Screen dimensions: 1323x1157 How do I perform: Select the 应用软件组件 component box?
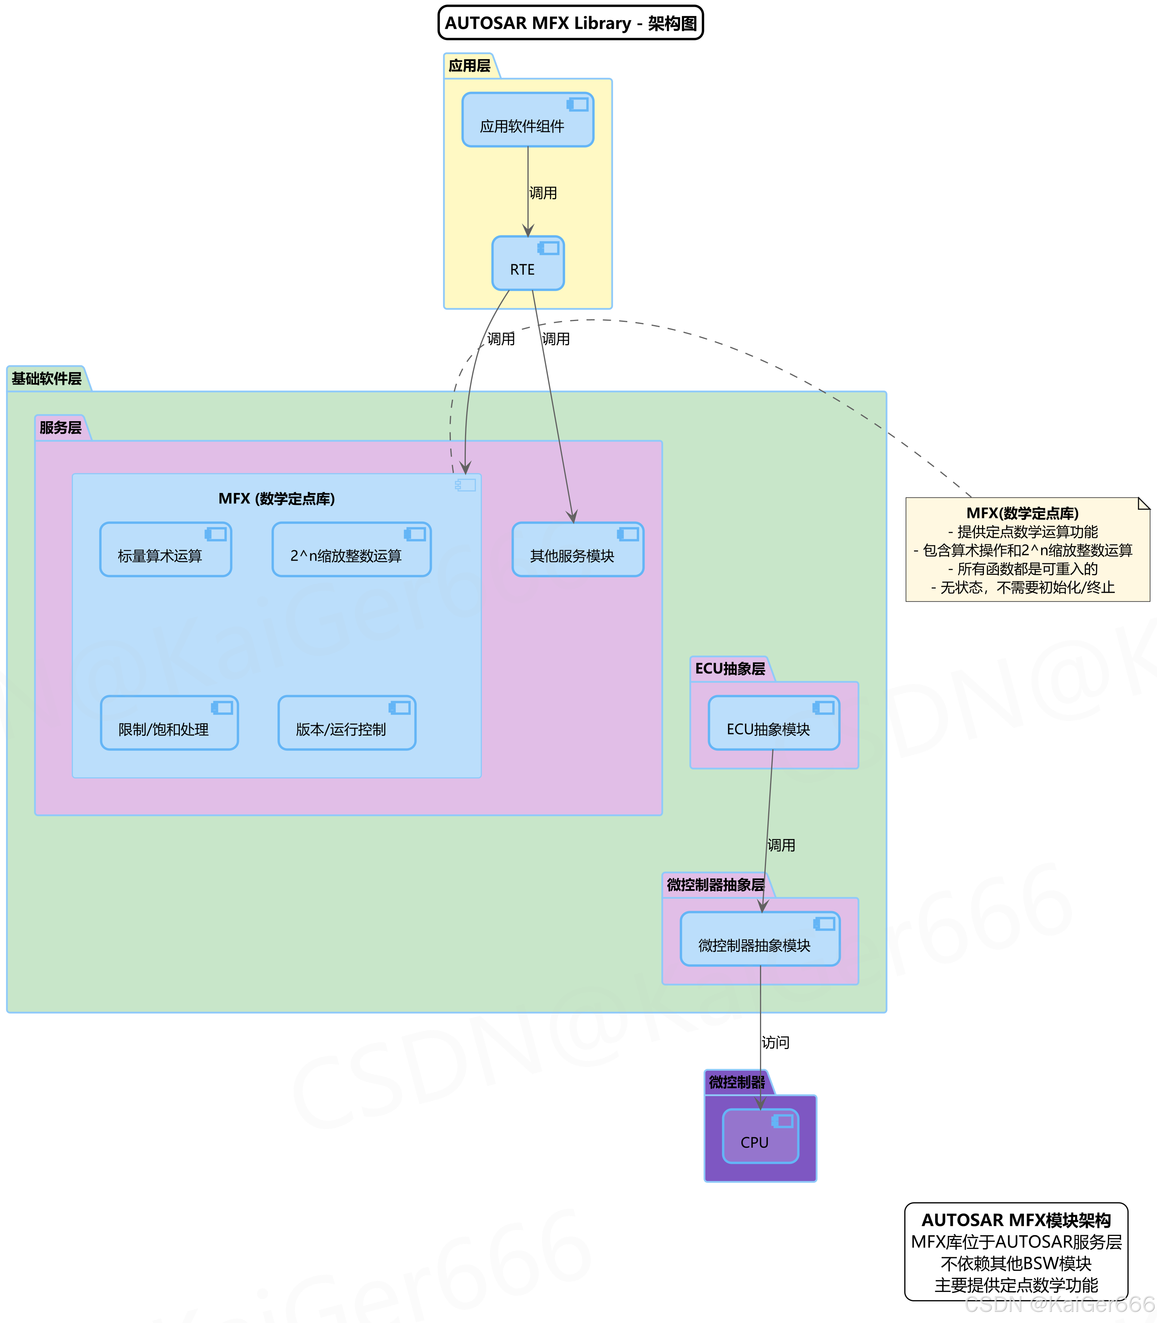[x=527, y=120]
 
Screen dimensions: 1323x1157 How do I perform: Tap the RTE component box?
[x=527, y=263]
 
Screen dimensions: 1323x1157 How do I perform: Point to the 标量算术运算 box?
[x=165, y=550]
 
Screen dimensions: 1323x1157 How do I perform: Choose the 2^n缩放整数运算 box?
[x=351, y=550]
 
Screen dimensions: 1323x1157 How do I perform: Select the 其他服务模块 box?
[x=577, y=550]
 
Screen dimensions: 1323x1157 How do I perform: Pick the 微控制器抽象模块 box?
[x=760, y=939]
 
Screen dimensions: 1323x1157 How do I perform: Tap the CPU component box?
[x=760, y=1137]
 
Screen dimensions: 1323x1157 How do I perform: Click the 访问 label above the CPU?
[x=775, y=1042]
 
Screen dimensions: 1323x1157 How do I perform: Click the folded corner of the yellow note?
[x=1144, y=503]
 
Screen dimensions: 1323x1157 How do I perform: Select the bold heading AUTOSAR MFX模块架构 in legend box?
[x=1016, y=1220]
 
